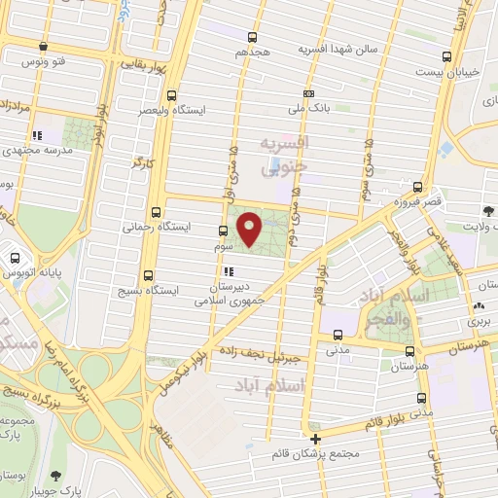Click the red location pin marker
[x=250, y=229]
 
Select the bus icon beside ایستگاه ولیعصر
[x=172, y=95]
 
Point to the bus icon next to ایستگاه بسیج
[x=148, y=275]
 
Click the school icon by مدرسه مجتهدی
[x=36, y=136]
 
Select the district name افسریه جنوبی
[x=281, y=156]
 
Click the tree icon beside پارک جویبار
[x=54, y=476]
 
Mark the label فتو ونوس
[x=48, y=62]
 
